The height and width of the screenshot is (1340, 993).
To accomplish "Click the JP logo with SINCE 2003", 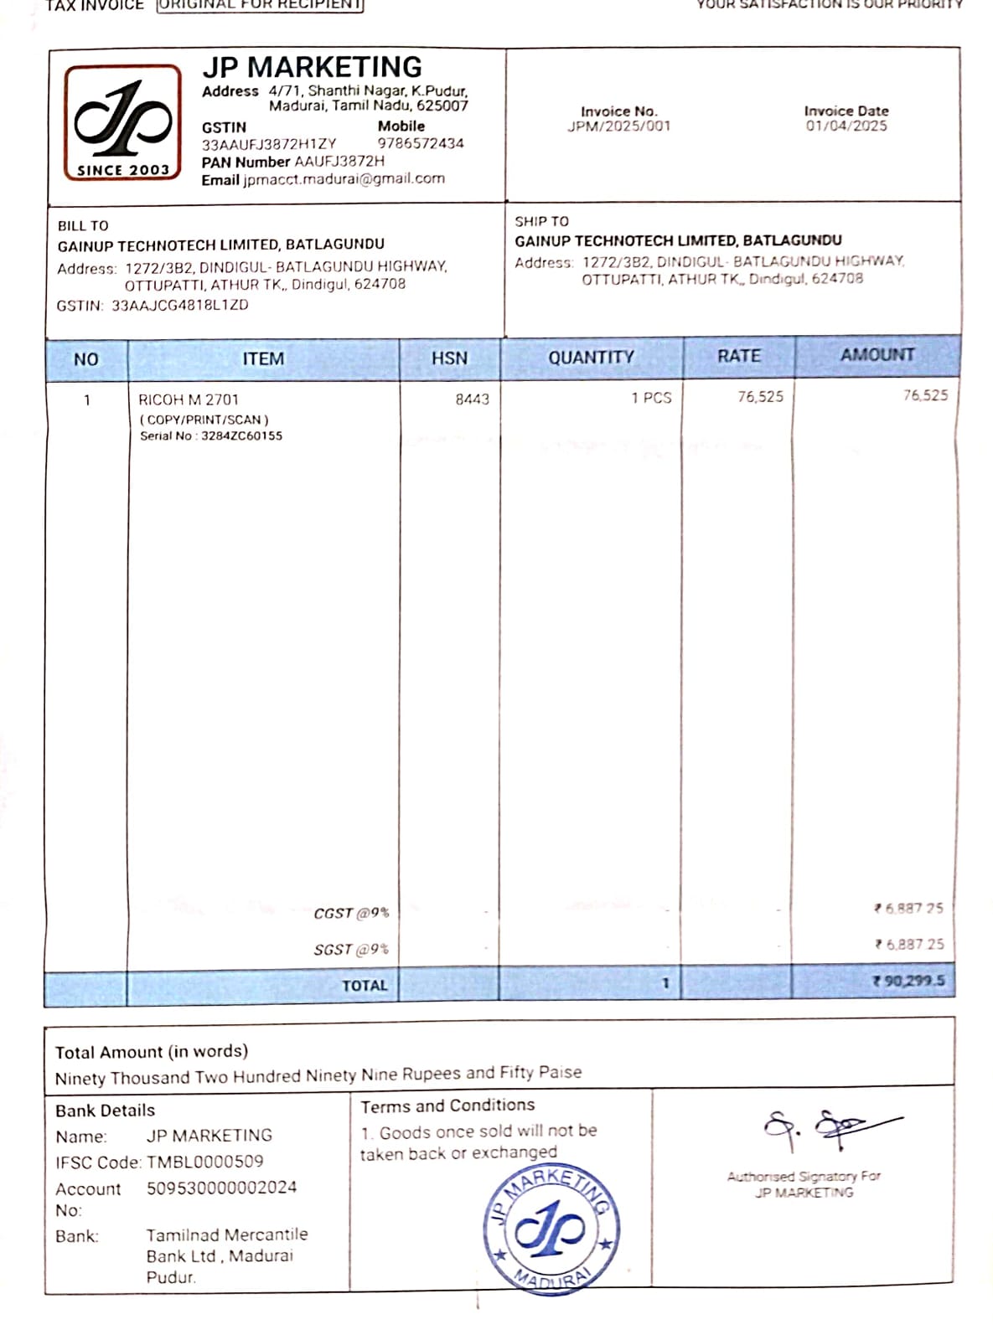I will click(123, 122).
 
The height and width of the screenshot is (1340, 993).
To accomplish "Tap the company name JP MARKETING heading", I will click(312, 67).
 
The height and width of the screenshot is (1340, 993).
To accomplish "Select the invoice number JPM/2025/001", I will click(618, 126).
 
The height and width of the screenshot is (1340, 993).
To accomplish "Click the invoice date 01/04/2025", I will click(846, 126).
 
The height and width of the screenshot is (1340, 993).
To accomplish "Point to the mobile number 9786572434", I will click(420, 143).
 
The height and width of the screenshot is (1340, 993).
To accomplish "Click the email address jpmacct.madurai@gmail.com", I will click(344, 178).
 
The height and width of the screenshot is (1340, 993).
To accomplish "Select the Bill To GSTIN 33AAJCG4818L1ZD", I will click(179, 305).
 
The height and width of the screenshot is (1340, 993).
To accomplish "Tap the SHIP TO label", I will click(541, 221).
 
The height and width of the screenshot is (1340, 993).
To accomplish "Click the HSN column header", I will click(449, 358).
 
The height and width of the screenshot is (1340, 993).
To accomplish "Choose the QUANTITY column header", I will click(591, 357).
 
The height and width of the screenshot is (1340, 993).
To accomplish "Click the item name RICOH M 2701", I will click(189, 399).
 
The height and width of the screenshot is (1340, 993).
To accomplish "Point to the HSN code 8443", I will click(472, 399).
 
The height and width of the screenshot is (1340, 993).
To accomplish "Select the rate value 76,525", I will click(760, 396).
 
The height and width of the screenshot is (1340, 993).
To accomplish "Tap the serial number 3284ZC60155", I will click(241, 435).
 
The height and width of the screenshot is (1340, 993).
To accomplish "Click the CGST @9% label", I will click(351, 913).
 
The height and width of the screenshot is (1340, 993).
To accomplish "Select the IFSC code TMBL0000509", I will click(204, 1162).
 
